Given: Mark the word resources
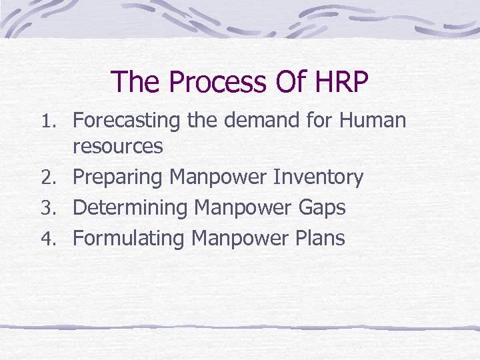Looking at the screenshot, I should pos(117,147).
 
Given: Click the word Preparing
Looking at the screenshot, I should pos(118,178).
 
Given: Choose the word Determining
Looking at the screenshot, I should pos(131,208).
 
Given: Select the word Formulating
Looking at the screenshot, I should pos(129,238).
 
